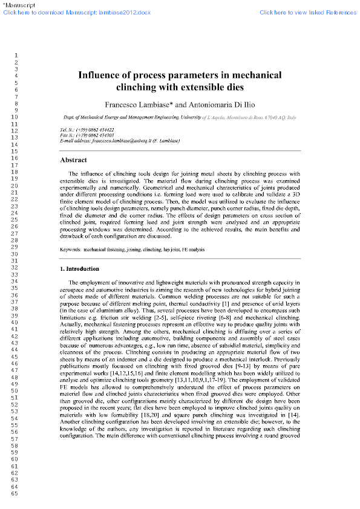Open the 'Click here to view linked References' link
(308, 12)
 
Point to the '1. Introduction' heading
(82, 267)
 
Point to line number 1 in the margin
(15, 56)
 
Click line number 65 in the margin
(13, 494)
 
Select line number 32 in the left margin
(13, 267)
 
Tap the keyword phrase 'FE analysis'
(191, 249)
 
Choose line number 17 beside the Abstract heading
(13, 164)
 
